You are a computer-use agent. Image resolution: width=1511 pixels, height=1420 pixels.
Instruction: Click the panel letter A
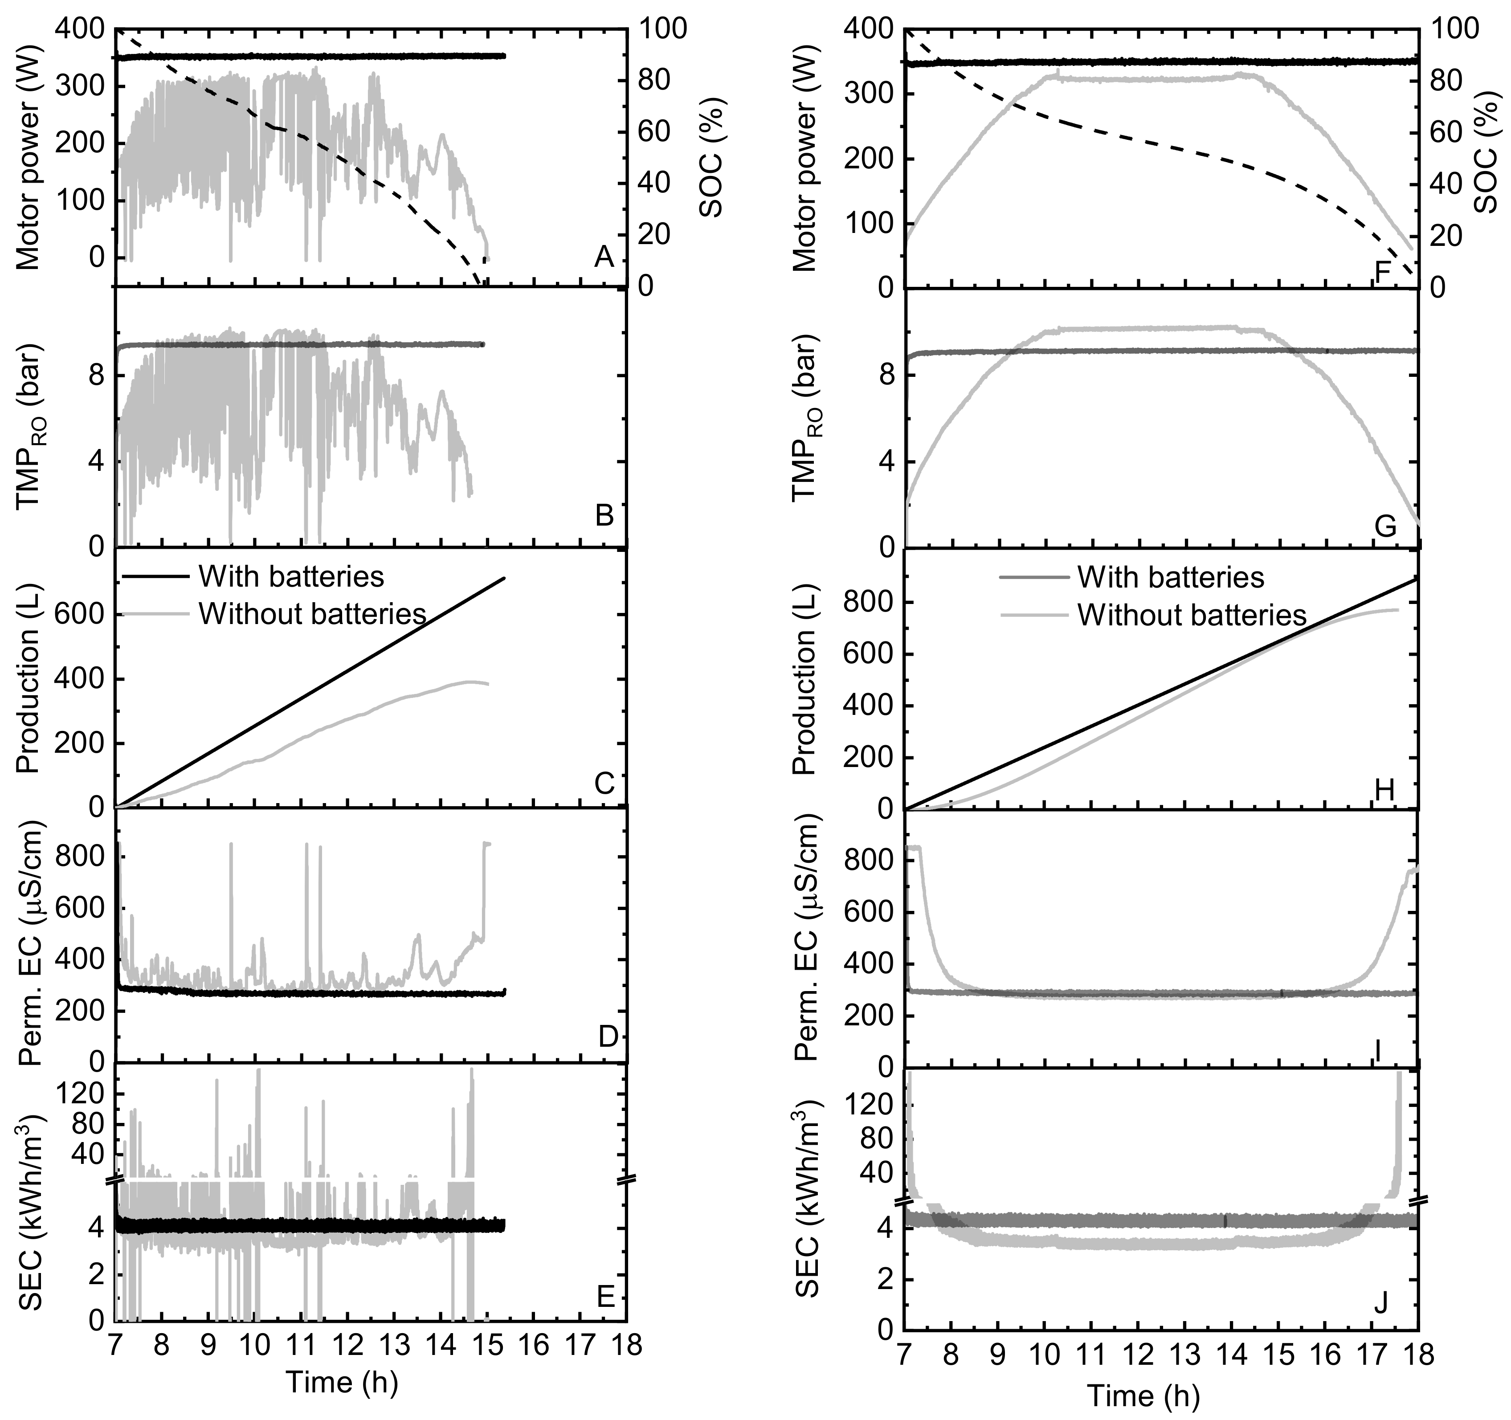pos(604,258)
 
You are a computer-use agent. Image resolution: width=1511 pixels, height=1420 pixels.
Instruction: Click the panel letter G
pos(1385,526)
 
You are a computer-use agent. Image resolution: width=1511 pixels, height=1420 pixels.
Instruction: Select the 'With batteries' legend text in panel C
pos(291,576)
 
